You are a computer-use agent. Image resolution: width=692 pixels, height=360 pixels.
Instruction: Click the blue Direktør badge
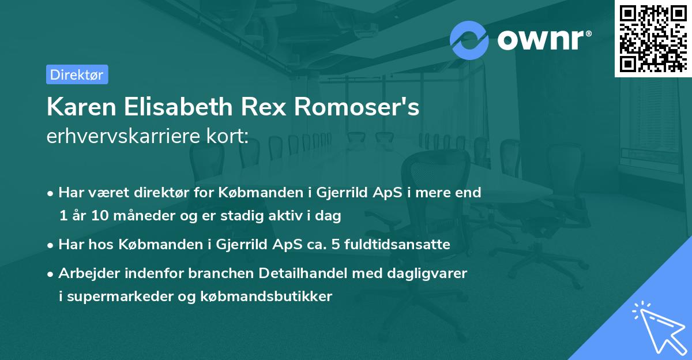coord(77,74)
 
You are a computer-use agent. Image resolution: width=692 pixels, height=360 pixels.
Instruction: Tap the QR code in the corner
coord(653,38)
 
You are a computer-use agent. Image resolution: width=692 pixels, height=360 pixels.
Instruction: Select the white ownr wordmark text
coord(544,40)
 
